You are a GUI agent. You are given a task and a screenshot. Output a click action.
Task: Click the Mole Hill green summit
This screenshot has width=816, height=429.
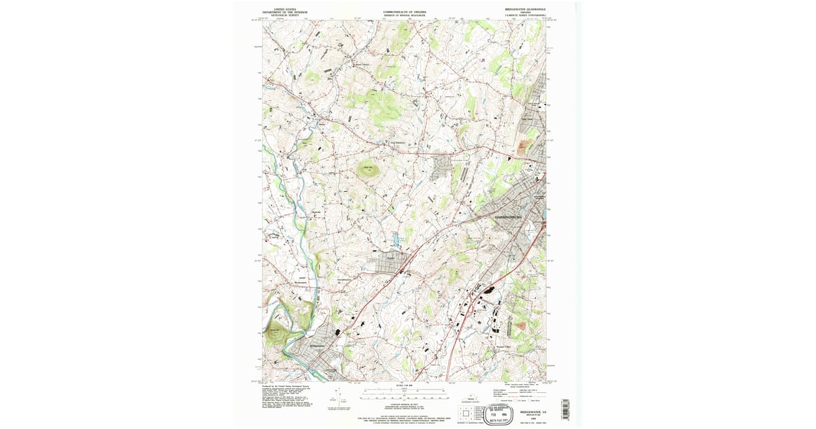tap(368, 168)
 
